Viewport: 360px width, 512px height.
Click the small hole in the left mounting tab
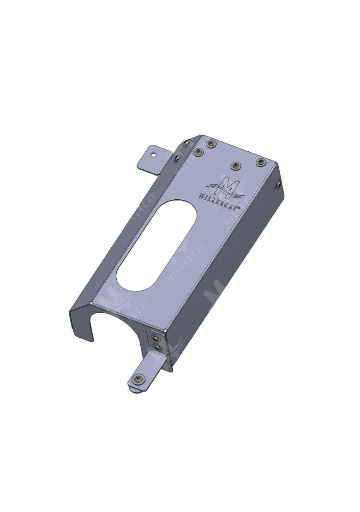[156, 153]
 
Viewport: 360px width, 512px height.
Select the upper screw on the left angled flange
[186, 143]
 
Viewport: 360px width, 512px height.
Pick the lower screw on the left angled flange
[177, 159]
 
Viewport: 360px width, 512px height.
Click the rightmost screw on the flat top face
[261, 162]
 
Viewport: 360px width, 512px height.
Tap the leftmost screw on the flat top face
[199, 152]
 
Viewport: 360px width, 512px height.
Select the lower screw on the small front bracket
[158, 346]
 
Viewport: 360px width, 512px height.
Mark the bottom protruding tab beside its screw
[149, 373]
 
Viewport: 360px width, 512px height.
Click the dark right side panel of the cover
[231, 268]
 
